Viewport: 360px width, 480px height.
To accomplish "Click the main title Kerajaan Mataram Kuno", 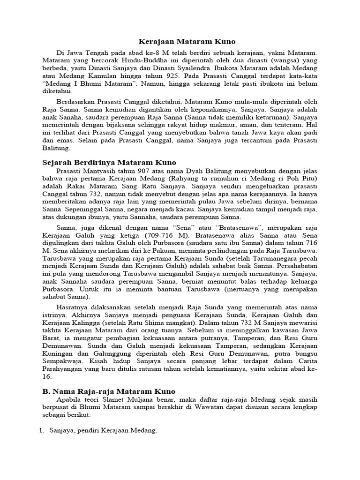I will click(x=180, y=42).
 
